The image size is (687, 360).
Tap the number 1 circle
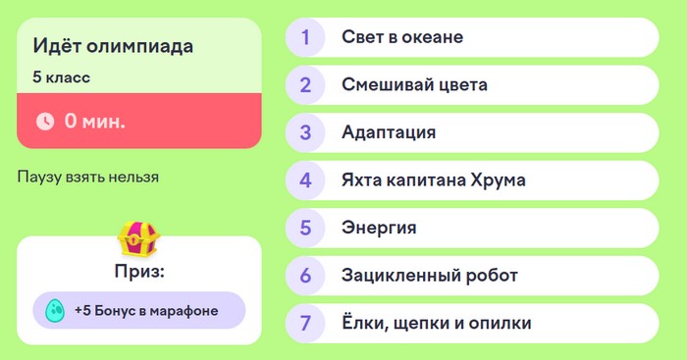(x=306, y=38)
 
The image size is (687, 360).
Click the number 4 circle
(x=306, y=180)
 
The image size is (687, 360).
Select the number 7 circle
(x=306, y=323)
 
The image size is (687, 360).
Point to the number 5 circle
(x=306, y=228)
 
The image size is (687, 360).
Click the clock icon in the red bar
(x=45, y=122)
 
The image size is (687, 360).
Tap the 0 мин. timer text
(x=95, y=122)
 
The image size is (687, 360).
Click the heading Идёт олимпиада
(x=113, y=46)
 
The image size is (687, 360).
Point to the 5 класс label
(x=62, y=77)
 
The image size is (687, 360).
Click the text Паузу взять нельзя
(x=88, y=178)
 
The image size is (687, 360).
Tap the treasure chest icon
(x=138, y=237)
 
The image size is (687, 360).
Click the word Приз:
(x=138, y=270)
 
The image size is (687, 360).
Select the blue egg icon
(x=55, y=310)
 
